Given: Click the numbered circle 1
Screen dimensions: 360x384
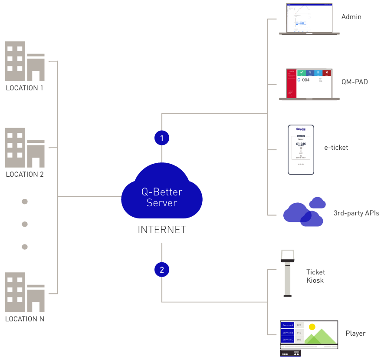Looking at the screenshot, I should pos(162,138).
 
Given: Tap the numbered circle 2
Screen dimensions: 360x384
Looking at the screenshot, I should pos(162,270).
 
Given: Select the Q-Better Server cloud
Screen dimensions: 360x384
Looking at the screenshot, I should pos(162,195).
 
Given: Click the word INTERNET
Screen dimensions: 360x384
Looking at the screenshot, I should pos(162,230).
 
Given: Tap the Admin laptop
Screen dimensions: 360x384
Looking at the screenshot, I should pos(309,19).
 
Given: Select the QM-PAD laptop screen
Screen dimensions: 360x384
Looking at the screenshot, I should pos(309,83).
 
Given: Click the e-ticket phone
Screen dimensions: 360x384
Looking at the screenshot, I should pos(301,150).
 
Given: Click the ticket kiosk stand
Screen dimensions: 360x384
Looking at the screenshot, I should pos(287,274).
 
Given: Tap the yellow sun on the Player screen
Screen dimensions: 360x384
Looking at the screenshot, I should pos(312,327).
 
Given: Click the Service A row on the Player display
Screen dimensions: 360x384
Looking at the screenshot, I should pos(288,325).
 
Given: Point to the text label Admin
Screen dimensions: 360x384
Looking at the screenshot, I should pos(351,17).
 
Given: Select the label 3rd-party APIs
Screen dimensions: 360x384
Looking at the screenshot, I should pos(356,213).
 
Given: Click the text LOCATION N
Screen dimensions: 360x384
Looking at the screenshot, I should pos(25,319).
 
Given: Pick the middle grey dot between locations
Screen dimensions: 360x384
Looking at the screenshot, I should pos(25,224).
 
